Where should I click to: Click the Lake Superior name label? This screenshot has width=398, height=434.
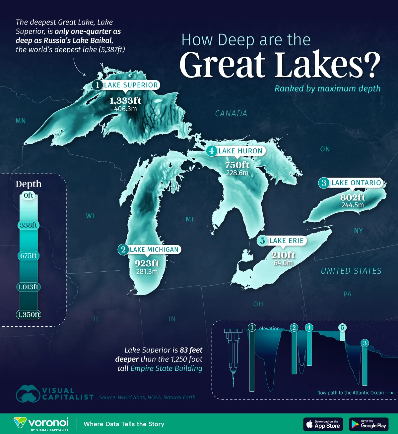click(131, 85)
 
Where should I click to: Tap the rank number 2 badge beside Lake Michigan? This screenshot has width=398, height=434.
click(123, 249)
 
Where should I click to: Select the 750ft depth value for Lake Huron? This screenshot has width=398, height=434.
click(237, 165)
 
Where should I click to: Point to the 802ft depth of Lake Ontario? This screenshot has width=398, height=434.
click(353, 197)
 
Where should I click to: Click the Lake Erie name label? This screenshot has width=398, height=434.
click(286, 241)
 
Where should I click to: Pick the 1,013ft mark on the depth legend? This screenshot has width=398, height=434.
click(29, 287)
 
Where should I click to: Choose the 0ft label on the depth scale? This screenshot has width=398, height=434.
click(29, 195)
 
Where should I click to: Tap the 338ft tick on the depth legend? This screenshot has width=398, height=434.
click(29, 225)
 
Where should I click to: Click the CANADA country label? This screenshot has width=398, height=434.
click(231, 114)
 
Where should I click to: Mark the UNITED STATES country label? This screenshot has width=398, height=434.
click(351, 271)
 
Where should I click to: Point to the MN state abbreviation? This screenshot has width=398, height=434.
click(21, 121)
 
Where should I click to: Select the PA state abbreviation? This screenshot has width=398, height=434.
click(347, 294)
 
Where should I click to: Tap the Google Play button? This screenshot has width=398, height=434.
click(369, 424)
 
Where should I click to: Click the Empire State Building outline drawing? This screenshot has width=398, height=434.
click(233, 354)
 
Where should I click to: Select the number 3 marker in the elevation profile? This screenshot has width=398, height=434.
click(365, 343)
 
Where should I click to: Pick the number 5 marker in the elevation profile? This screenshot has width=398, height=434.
click(343, 328)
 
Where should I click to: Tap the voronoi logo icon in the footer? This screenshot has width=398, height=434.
click(20, 423)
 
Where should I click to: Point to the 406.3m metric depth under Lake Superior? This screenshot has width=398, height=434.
click(125, 109)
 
